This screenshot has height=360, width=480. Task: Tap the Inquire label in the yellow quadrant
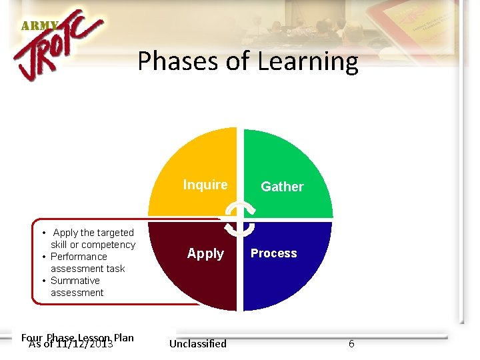click(x=205, y=185)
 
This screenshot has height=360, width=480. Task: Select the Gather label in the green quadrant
click(x=282, y=187)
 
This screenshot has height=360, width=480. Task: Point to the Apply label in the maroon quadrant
click(x=205, y=253)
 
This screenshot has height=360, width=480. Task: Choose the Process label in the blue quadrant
click(x=274, y=253)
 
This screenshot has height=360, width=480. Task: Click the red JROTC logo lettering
click(x=59, y=50)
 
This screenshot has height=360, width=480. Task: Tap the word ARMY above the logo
click(x=39, y=26)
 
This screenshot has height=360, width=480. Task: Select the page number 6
click(x=351, y=344)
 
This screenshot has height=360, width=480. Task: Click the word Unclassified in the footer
click(x=198, y=344)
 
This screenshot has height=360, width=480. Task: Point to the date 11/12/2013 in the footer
click(x=84, y=345)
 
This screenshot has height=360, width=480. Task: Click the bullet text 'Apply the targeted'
click(x=93, y=233)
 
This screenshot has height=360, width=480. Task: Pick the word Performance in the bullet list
click(x=79, y=257)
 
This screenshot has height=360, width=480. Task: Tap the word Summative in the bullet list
click(x=75, y=281)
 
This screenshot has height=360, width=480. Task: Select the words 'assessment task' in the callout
click(x=88, y=269)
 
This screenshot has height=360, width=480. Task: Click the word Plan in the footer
click(x=124, y=337)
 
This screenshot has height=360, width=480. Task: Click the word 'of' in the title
click(x=238, y=61)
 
